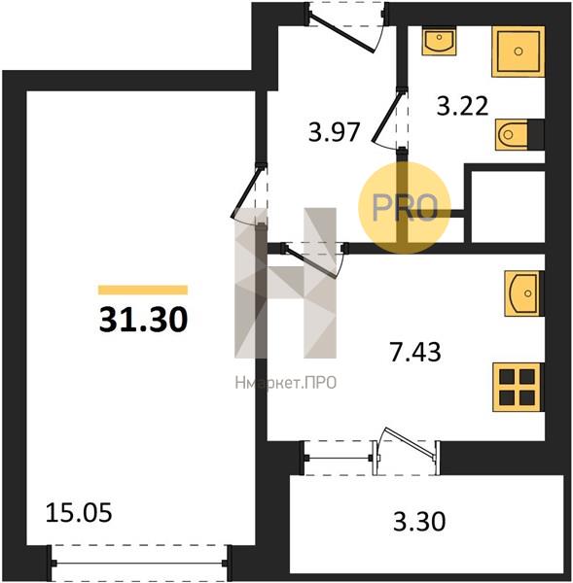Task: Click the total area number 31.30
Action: point(143,319)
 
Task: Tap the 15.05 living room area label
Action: point(79,513)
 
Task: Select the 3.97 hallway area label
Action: point(334,132)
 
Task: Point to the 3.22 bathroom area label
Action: point(462,106)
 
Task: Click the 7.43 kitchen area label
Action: point(415,352)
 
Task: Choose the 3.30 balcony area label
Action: point(419,521)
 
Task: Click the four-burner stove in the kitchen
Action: point(517,388)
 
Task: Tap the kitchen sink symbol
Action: point(522,293)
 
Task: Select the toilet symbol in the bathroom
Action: point(512,135)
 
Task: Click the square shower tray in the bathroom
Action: point(518,51)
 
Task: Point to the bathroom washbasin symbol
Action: point(439,41)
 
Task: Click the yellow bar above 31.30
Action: point(143,290)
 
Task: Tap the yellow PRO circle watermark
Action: point(405,208)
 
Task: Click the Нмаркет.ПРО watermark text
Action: point(286,383)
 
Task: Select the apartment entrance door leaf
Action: point(341,33)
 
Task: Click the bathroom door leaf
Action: point(386,118)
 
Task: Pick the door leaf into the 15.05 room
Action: point(245,193)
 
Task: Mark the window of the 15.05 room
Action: point(140,563)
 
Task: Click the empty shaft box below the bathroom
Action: point(508,207)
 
